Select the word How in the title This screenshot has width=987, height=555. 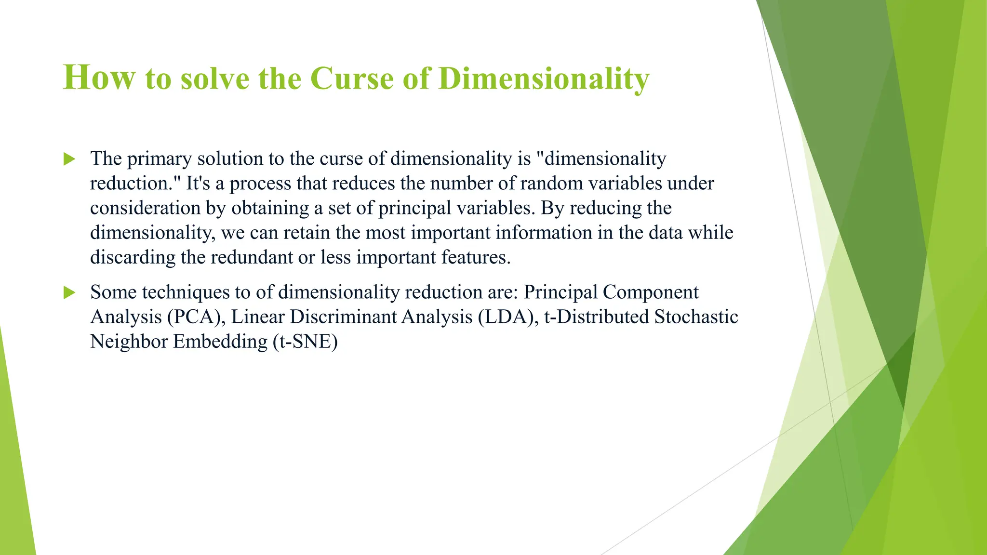click(x=99, y=78)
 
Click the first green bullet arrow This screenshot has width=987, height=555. click(x=69, y=159)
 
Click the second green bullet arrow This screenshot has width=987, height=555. click(x=69, y=292)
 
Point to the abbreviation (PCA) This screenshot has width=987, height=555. click(x=197, y=317)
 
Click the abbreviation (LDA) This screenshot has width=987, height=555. click(x=508, y=317)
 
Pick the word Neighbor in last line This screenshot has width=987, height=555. click(x=129, y=342)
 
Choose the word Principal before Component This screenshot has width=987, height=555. click(x=560, y=292)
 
